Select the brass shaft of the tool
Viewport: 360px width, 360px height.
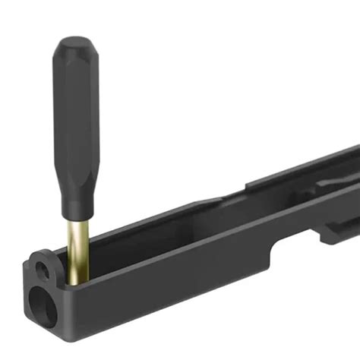click(x=76, y=243)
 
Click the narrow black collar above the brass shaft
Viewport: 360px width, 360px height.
click(x=76, y=214)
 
